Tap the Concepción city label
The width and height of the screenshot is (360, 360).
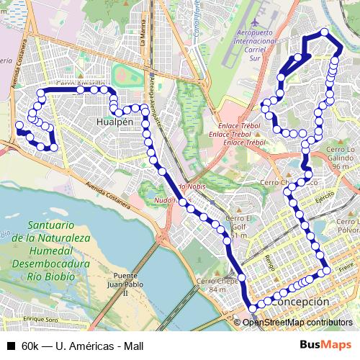tap(301, 302)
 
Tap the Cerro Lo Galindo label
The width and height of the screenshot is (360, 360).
tap(341, 157)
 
